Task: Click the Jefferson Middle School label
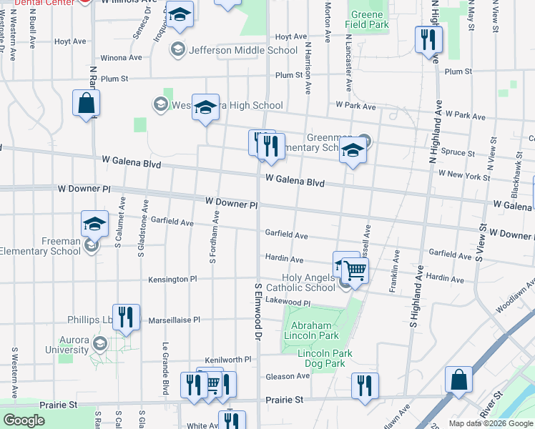[242, 50]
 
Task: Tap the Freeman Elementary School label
[41, 246]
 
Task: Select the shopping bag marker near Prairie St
[458, 380]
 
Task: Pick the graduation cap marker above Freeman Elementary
[94, 224]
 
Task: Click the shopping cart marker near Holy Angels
[355, 270]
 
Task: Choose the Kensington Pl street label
[172, 279]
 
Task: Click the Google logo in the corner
[24, 420]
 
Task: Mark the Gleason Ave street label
[288, 376]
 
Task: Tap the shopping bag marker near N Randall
[86, 103]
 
